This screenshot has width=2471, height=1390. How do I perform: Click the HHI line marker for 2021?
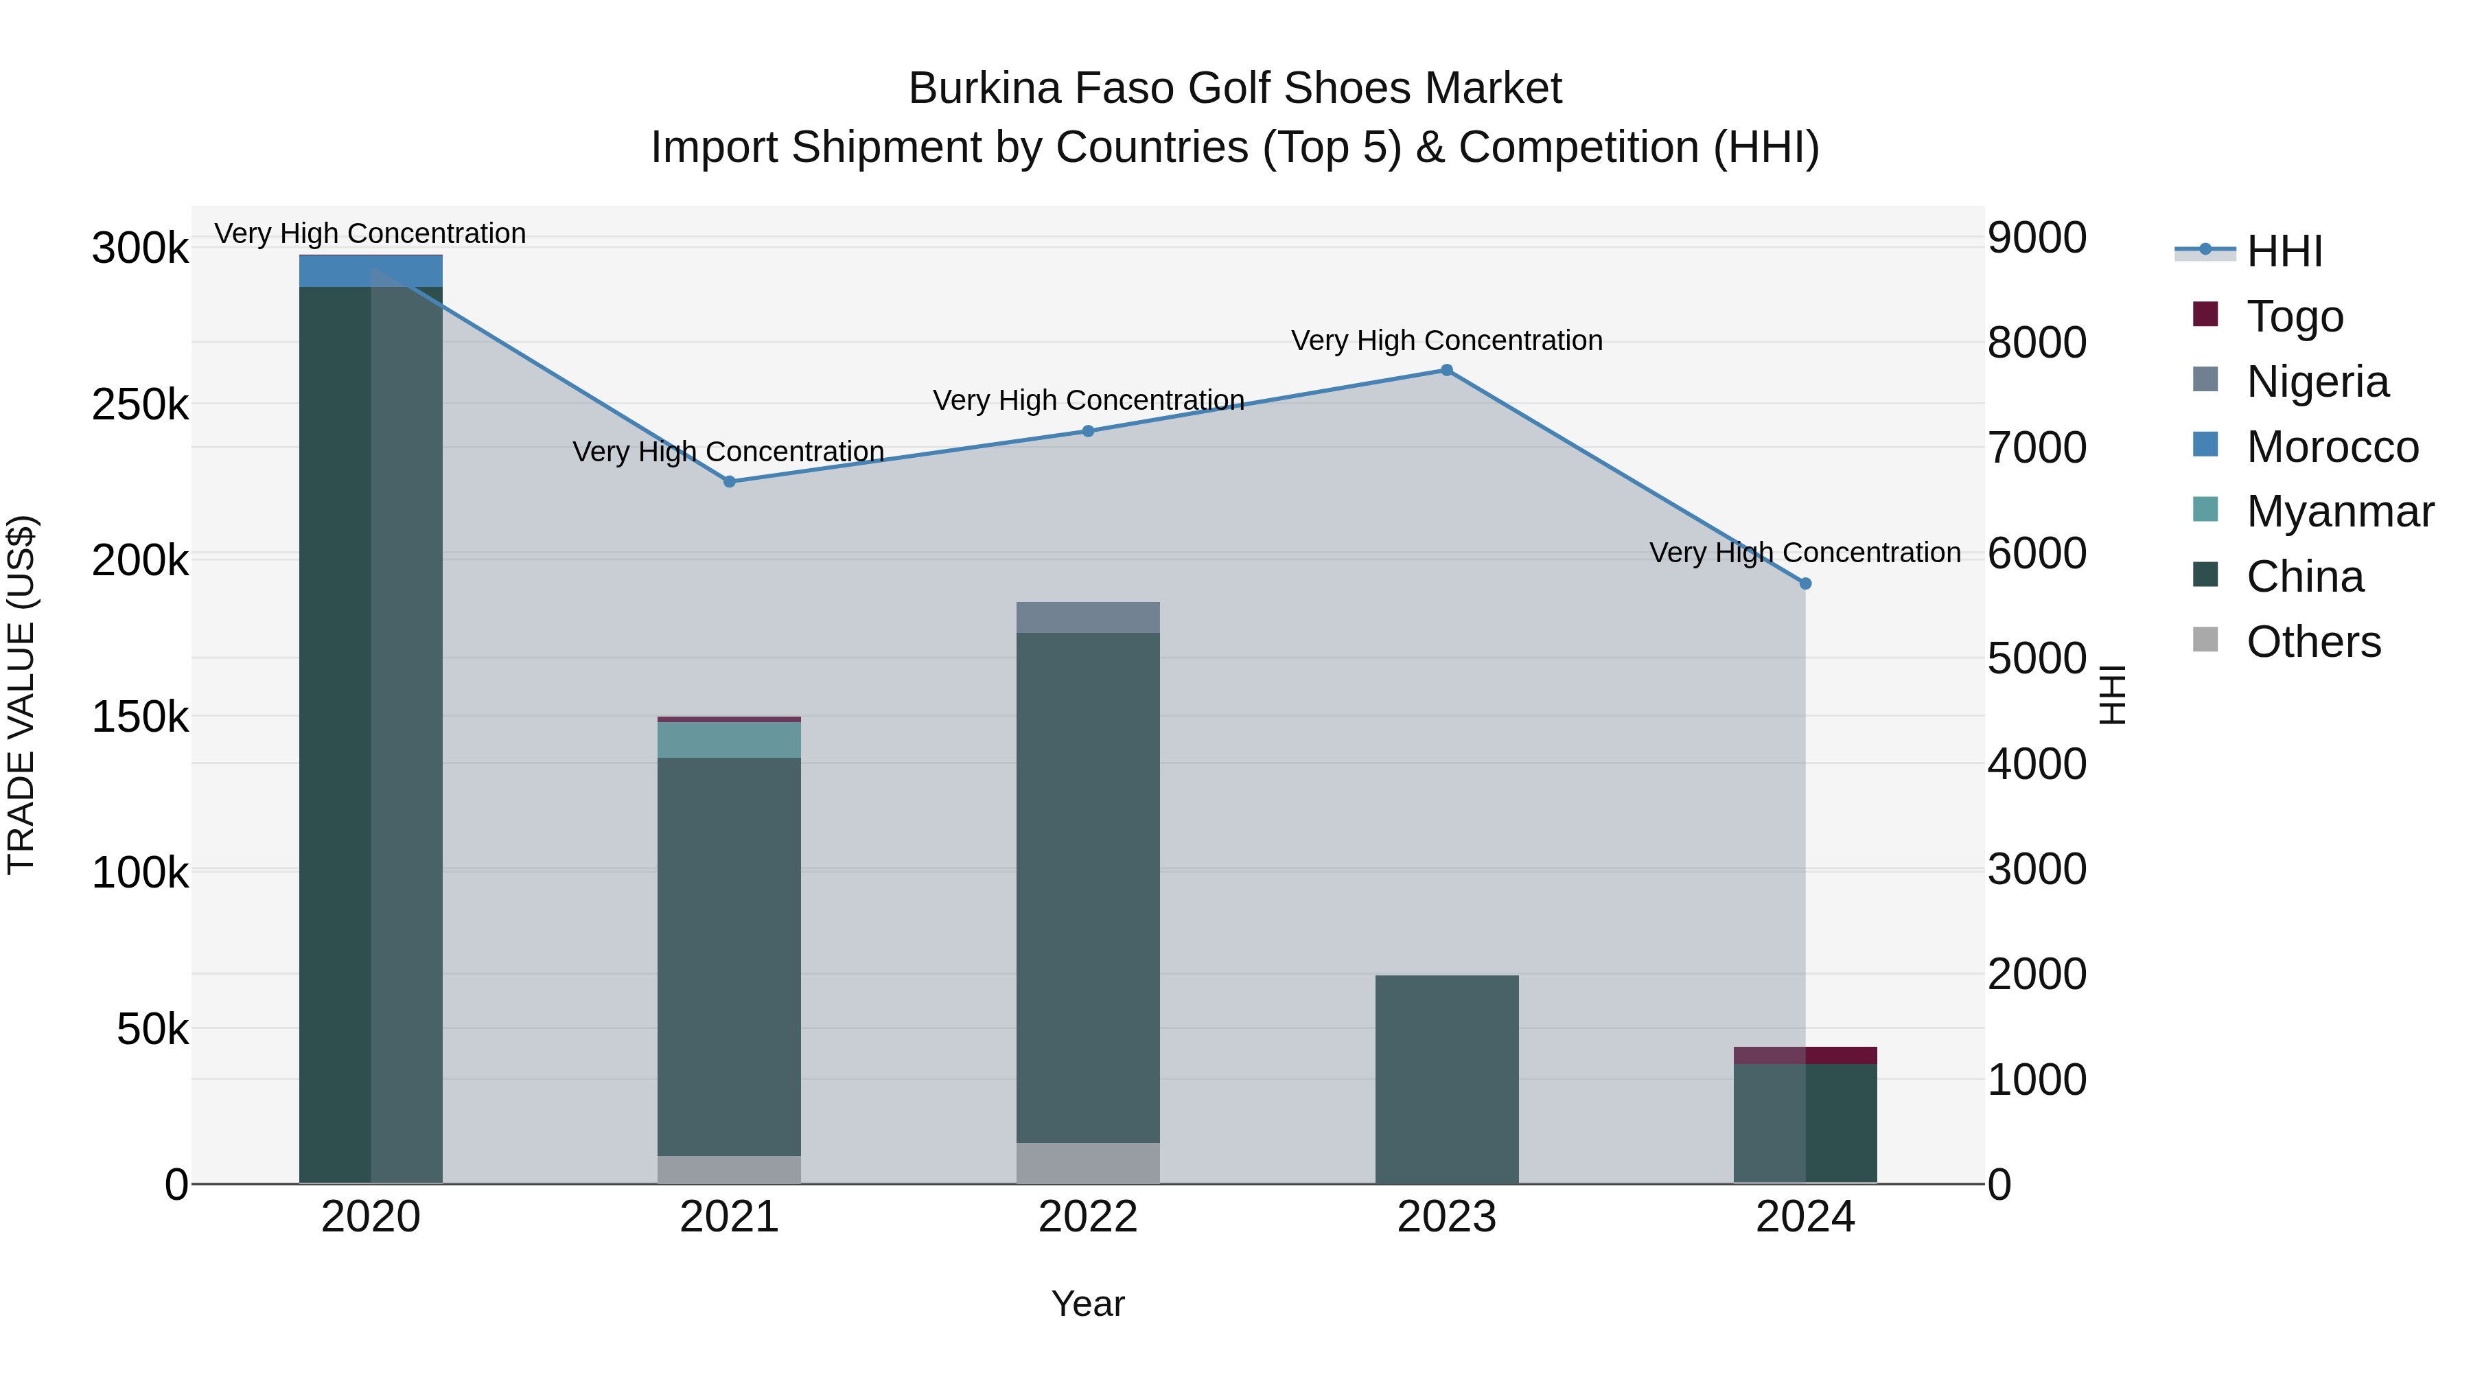click(729, 482)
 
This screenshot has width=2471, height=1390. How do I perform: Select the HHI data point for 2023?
click(1446, 370)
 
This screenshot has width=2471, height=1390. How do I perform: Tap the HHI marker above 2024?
click(1805, 583)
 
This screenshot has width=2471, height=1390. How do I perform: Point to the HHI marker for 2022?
click(1088, 432)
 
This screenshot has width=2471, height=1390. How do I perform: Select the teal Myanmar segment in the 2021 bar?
click(729, 739)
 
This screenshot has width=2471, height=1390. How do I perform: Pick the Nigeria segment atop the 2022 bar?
click(1088, 618)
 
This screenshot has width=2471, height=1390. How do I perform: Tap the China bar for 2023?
click(1446, 1079)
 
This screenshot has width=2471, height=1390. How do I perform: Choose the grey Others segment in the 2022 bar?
click(1088, 1163)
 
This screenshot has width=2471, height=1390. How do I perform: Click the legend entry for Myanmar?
click(2339, 511)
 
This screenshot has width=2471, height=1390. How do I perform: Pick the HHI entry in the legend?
click(2283, 251)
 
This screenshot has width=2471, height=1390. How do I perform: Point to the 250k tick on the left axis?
click(140, 405)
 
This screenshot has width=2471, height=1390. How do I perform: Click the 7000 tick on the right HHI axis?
click(2037, 448)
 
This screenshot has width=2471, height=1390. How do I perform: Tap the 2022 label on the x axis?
click(1088, 1217)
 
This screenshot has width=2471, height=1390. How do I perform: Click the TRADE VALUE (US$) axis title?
click(21, 695)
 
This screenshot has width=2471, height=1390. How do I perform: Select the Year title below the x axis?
click(1088, 1304)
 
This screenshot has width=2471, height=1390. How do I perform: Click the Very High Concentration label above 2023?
click(1446, 340)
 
